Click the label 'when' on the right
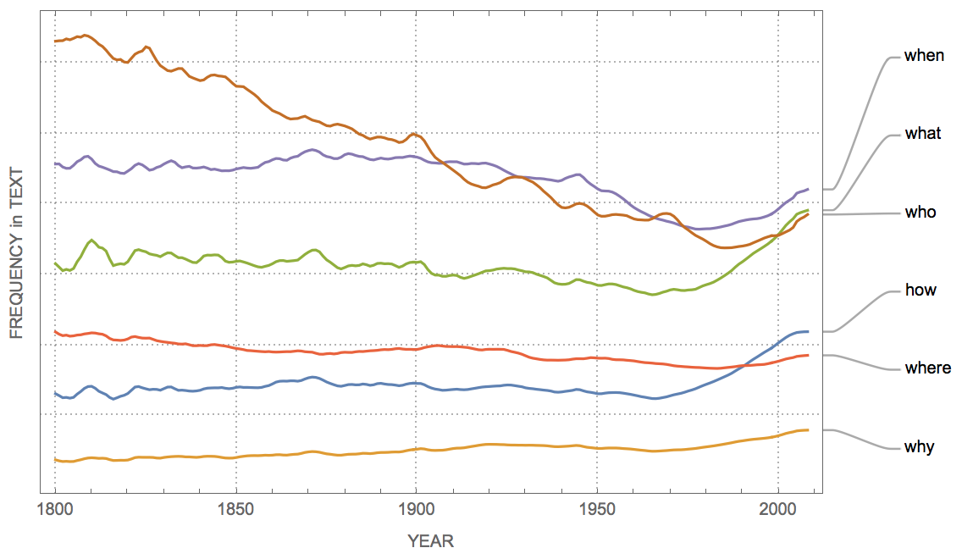point(924,56)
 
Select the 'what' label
point(922,134)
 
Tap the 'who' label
point(921,213)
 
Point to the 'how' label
point(921,291)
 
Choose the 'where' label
point(927,368)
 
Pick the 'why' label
point(919,447)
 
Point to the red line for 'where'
point(339,352)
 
